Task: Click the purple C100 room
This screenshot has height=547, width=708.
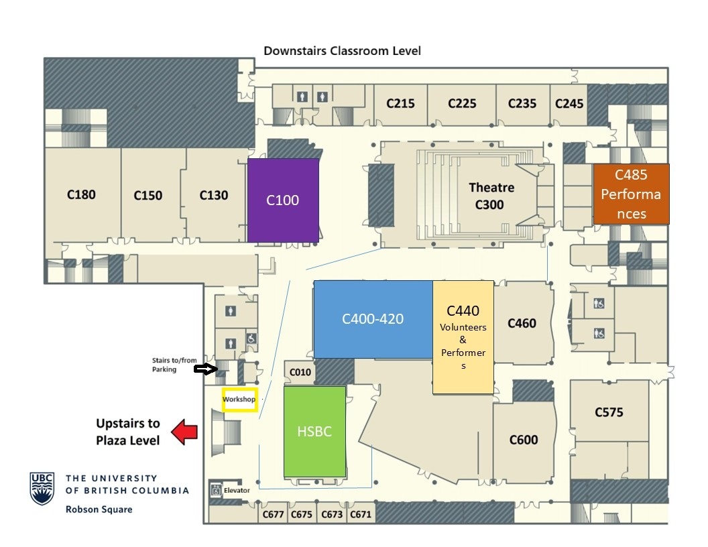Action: [283, 200]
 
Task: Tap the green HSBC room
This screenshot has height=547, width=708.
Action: [314, 432]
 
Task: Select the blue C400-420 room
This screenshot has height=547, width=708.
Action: [373, 319]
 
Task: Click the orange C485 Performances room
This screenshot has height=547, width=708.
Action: [631, 194]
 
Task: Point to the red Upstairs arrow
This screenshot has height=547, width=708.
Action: [184, 432]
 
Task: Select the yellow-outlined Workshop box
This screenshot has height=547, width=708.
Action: [240, 400]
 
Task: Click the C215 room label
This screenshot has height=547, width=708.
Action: [400, 104]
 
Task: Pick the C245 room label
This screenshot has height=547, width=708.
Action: [569, 104]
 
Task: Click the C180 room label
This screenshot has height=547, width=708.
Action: [81, 195]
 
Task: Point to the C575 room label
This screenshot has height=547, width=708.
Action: [609, 412]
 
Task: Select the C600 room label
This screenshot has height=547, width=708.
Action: [524, 440]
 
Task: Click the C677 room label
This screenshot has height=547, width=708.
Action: [274, 514]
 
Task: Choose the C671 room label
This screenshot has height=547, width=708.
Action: [360, 514]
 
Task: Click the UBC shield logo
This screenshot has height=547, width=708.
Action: [42, 488]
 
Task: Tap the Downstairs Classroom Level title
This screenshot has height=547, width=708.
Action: [342, 51]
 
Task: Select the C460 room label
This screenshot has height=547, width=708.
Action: [522, 323]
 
